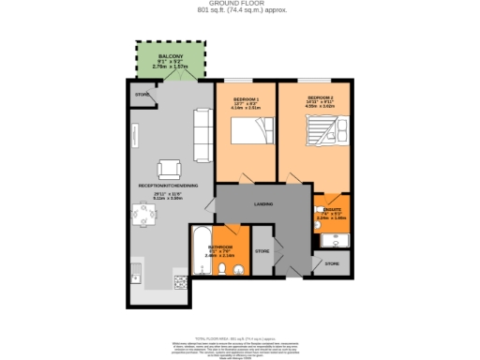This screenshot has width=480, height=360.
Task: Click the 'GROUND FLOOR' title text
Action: pyautogui.click(x=240, y=4)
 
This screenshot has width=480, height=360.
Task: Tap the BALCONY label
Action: pyautogui.click(x=170, y=57)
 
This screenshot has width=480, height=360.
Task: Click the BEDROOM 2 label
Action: pyautogui.click(x=319, y=97)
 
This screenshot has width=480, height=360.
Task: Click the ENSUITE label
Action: pyautogui.click(x=337, y=211)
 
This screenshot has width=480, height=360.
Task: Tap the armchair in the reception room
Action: pyautogui.click(x=170, y=169)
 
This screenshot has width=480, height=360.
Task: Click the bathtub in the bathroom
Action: pyautogui.click(x=200, y=250)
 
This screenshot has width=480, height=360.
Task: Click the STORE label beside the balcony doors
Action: pyautogui.click(x=142, y=95)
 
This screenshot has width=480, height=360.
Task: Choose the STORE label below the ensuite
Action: pyautogui.click(x=332, y=265)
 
